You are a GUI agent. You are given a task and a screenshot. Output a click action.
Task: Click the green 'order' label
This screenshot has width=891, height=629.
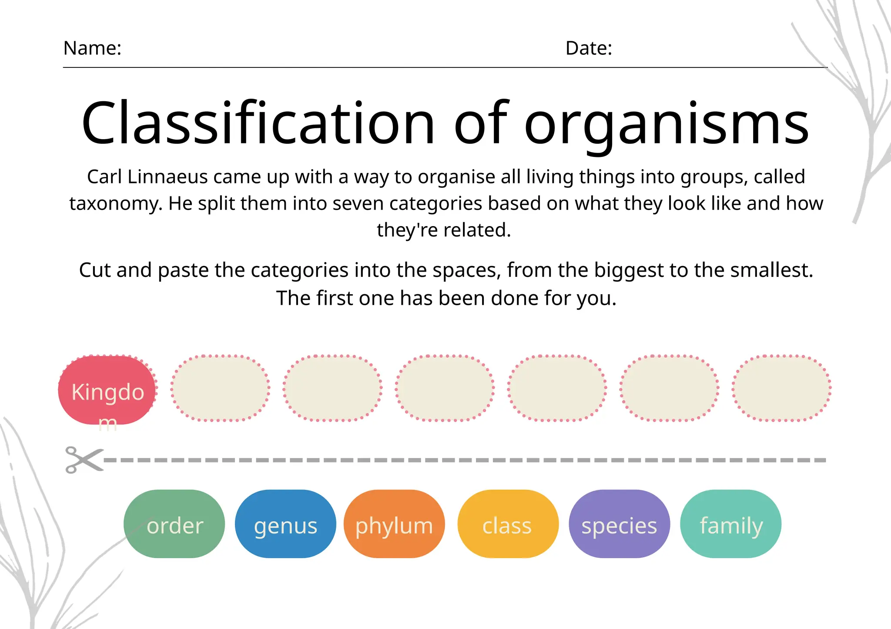pyautogui.click(x=174, y=524)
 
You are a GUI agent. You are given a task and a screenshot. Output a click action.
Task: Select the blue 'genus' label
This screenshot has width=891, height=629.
pyautogui.click(x=285, y=524)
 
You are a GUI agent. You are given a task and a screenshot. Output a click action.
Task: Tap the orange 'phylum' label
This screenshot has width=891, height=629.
pyautogui.click(x=394, y=524)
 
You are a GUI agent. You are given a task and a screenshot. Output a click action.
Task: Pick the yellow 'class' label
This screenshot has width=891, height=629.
pyautogui.click(x=507, y=524)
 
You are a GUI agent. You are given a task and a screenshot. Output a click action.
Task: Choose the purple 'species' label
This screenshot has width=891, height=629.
pyautogui.click(x=619, y=524)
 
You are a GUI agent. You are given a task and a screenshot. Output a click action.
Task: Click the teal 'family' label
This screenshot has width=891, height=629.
pyautogui.click(x=731, y=524)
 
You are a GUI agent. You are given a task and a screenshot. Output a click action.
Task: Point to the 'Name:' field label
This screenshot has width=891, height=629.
pyautogui.click(x=92, y=48)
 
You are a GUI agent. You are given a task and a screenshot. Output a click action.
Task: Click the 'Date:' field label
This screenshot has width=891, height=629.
pyautogui.click(x=589, y=48)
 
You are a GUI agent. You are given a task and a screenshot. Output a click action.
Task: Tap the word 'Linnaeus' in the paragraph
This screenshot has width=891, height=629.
pyautogui.click(x=167, y=177)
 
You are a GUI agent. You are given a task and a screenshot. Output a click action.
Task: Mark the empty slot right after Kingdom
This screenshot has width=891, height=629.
pyautogui.click(x=220, y=388)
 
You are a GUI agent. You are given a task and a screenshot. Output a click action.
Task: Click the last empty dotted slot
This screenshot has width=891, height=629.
pyautogui.click(x=781, y=388)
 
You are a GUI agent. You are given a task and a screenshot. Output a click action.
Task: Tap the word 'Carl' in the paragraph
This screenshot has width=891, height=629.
pyautogui.click(x=104, y=177)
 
